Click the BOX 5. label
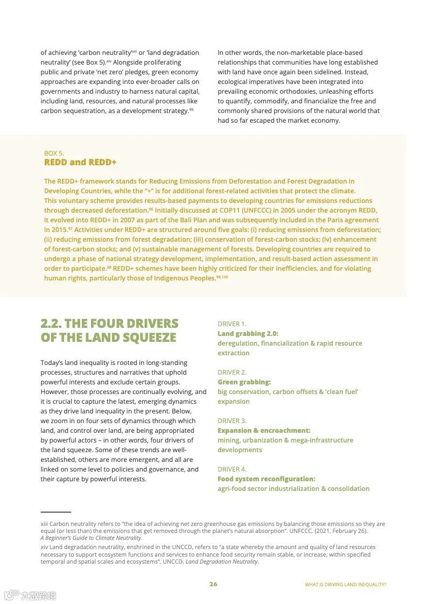(x=54, y=153)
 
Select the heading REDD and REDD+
(x=80, y=162)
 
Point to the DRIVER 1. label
(x=232, y=324)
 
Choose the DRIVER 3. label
(x=232, y=421)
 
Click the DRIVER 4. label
(x=232, y=469)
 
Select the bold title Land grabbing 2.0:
(x=248, y=334)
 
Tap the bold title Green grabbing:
(x=244, y=382)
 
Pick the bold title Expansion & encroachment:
(x=264, y=431)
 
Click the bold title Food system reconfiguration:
(x=266, y=479)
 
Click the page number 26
(x=213, y=584)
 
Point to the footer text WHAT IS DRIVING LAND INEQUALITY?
(x=345, y=585)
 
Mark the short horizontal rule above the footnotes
(x=55, y=512)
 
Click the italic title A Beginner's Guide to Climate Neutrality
(x=91, y=538)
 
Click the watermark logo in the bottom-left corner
(x=12, y=595)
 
